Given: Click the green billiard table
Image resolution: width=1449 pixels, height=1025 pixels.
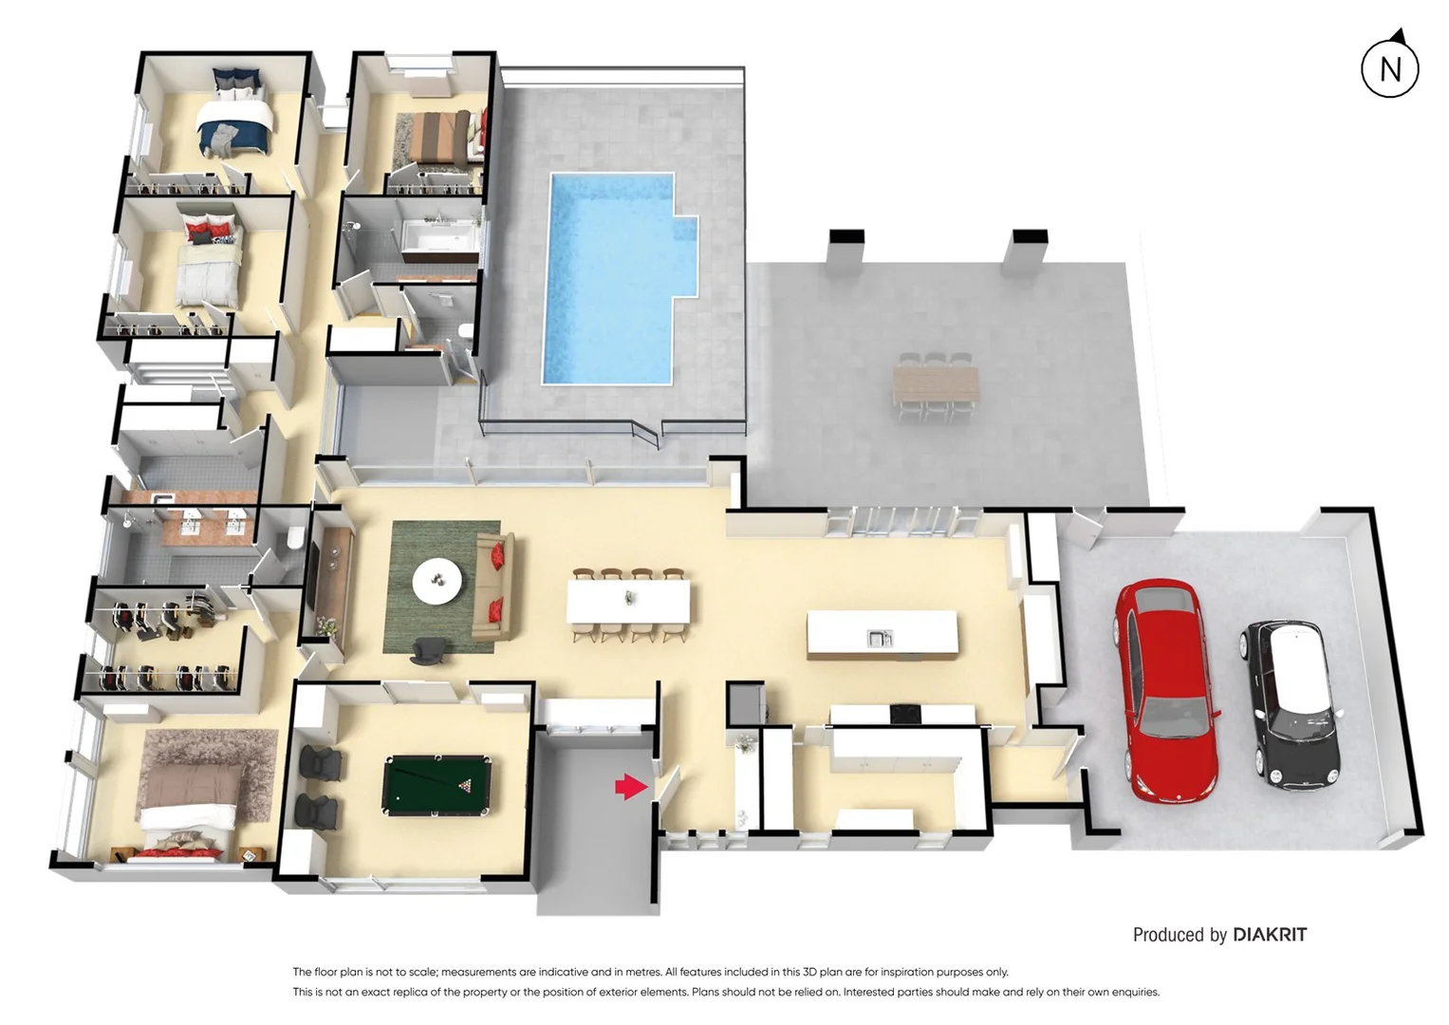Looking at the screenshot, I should pyautogui.click(x=437, y=784).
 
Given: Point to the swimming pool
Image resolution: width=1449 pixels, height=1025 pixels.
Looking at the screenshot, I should pyautogui.click(x=612, y=275).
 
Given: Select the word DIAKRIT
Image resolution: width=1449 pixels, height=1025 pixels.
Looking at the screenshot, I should pyautogui.click(x=1270, y=935).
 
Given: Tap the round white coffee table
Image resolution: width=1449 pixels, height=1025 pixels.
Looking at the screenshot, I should pyautogui.click(x=437, y=579).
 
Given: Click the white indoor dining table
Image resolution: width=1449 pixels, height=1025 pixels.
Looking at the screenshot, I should pyautogui.click(x=628, y=601).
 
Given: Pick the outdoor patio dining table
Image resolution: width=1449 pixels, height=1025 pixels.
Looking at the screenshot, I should pyautogui.click(x=936, y=383).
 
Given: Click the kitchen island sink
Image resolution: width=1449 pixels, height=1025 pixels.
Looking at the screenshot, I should pyautogui.click(x=880, y=639).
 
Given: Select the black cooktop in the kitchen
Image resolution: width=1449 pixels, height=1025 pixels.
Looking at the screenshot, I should pyautogui.click(x=905, y=713).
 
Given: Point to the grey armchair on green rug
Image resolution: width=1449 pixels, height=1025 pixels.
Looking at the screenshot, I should pyautogui.click(x=428, y=650).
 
